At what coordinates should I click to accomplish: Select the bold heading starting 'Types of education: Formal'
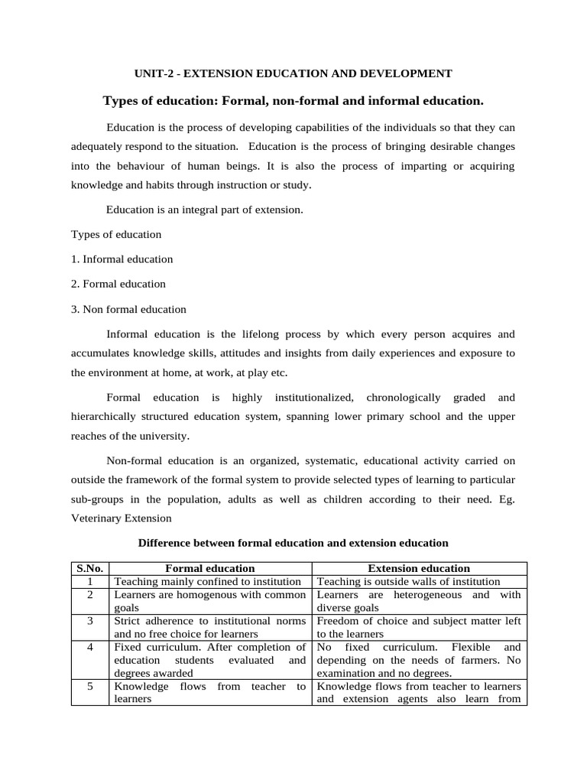pyautogui.click(x=293, y=100)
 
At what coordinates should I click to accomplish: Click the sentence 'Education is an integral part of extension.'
pyautogui.click(x=205, y=209)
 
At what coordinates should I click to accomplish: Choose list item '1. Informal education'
pyautogui.click(x=122, y=259)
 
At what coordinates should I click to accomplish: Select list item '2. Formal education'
pyautogui.click(x=118, y=284)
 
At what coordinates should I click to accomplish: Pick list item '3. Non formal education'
pyautogui.click(x=128, y=310)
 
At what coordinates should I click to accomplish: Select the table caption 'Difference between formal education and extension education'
pyautogui.click(x=293, y=543)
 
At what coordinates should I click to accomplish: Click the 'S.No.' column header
pyautogui.click(x=90, y=568)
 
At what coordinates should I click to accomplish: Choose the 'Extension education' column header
pyautogui.click(x=419, y=568)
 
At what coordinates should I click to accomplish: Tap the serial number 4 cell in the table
pyautogui.click(x=90, y=647)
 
